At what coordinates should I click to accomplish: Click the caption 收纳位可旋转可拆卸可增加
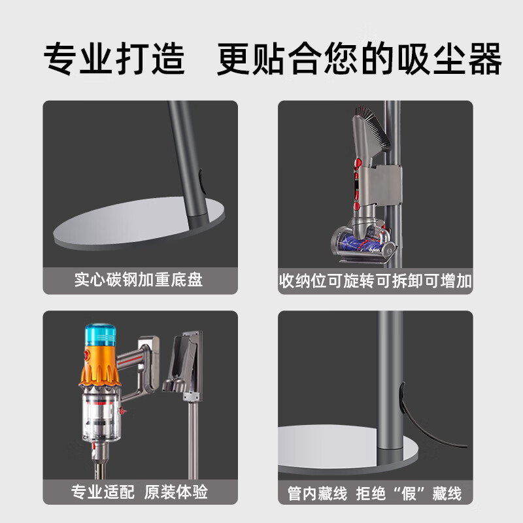pos(375,280)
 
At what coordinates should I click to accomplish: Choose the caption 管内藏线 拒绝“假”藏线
pos(375,492)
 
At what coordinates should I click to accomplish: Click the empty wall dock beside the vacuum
pos(187,363)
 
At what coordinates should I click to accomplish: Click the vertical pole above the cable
pos(391,353)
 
